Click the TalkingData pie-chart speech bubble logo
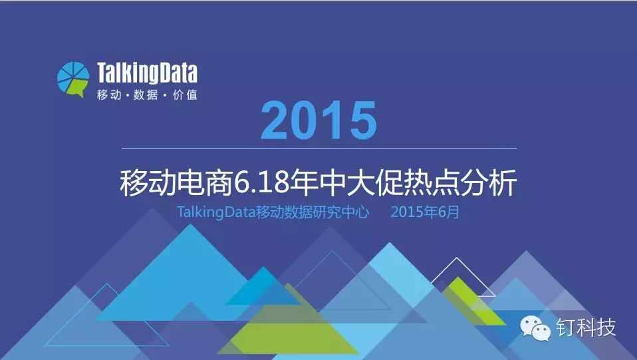pyautogui.click(x=73, y=79)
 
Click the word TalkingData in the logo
pyautogui.click(x=147, y=73)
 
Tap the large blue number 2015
pyautogui.click(x=318, y=120)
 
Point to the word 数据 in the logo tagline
pyautogui.click(x=146, y=94)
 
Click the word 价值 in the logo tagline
pyautogui.click(x=186, y=94)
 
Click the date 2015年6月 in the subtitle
pyautogui.click(x=425, y=212)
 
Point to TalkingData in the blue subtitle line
pyautogui.click(x=216, y=212)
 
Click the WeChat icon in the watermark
pyautogui.click(x=535, y=328)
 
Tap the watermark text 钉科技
pyautogui.click(x=586, y=327)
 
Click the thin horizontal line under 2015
pyautogui.click(x=319, y=149)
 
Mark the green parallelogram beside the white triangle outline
pyautogui.click(x=473, y=301)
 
